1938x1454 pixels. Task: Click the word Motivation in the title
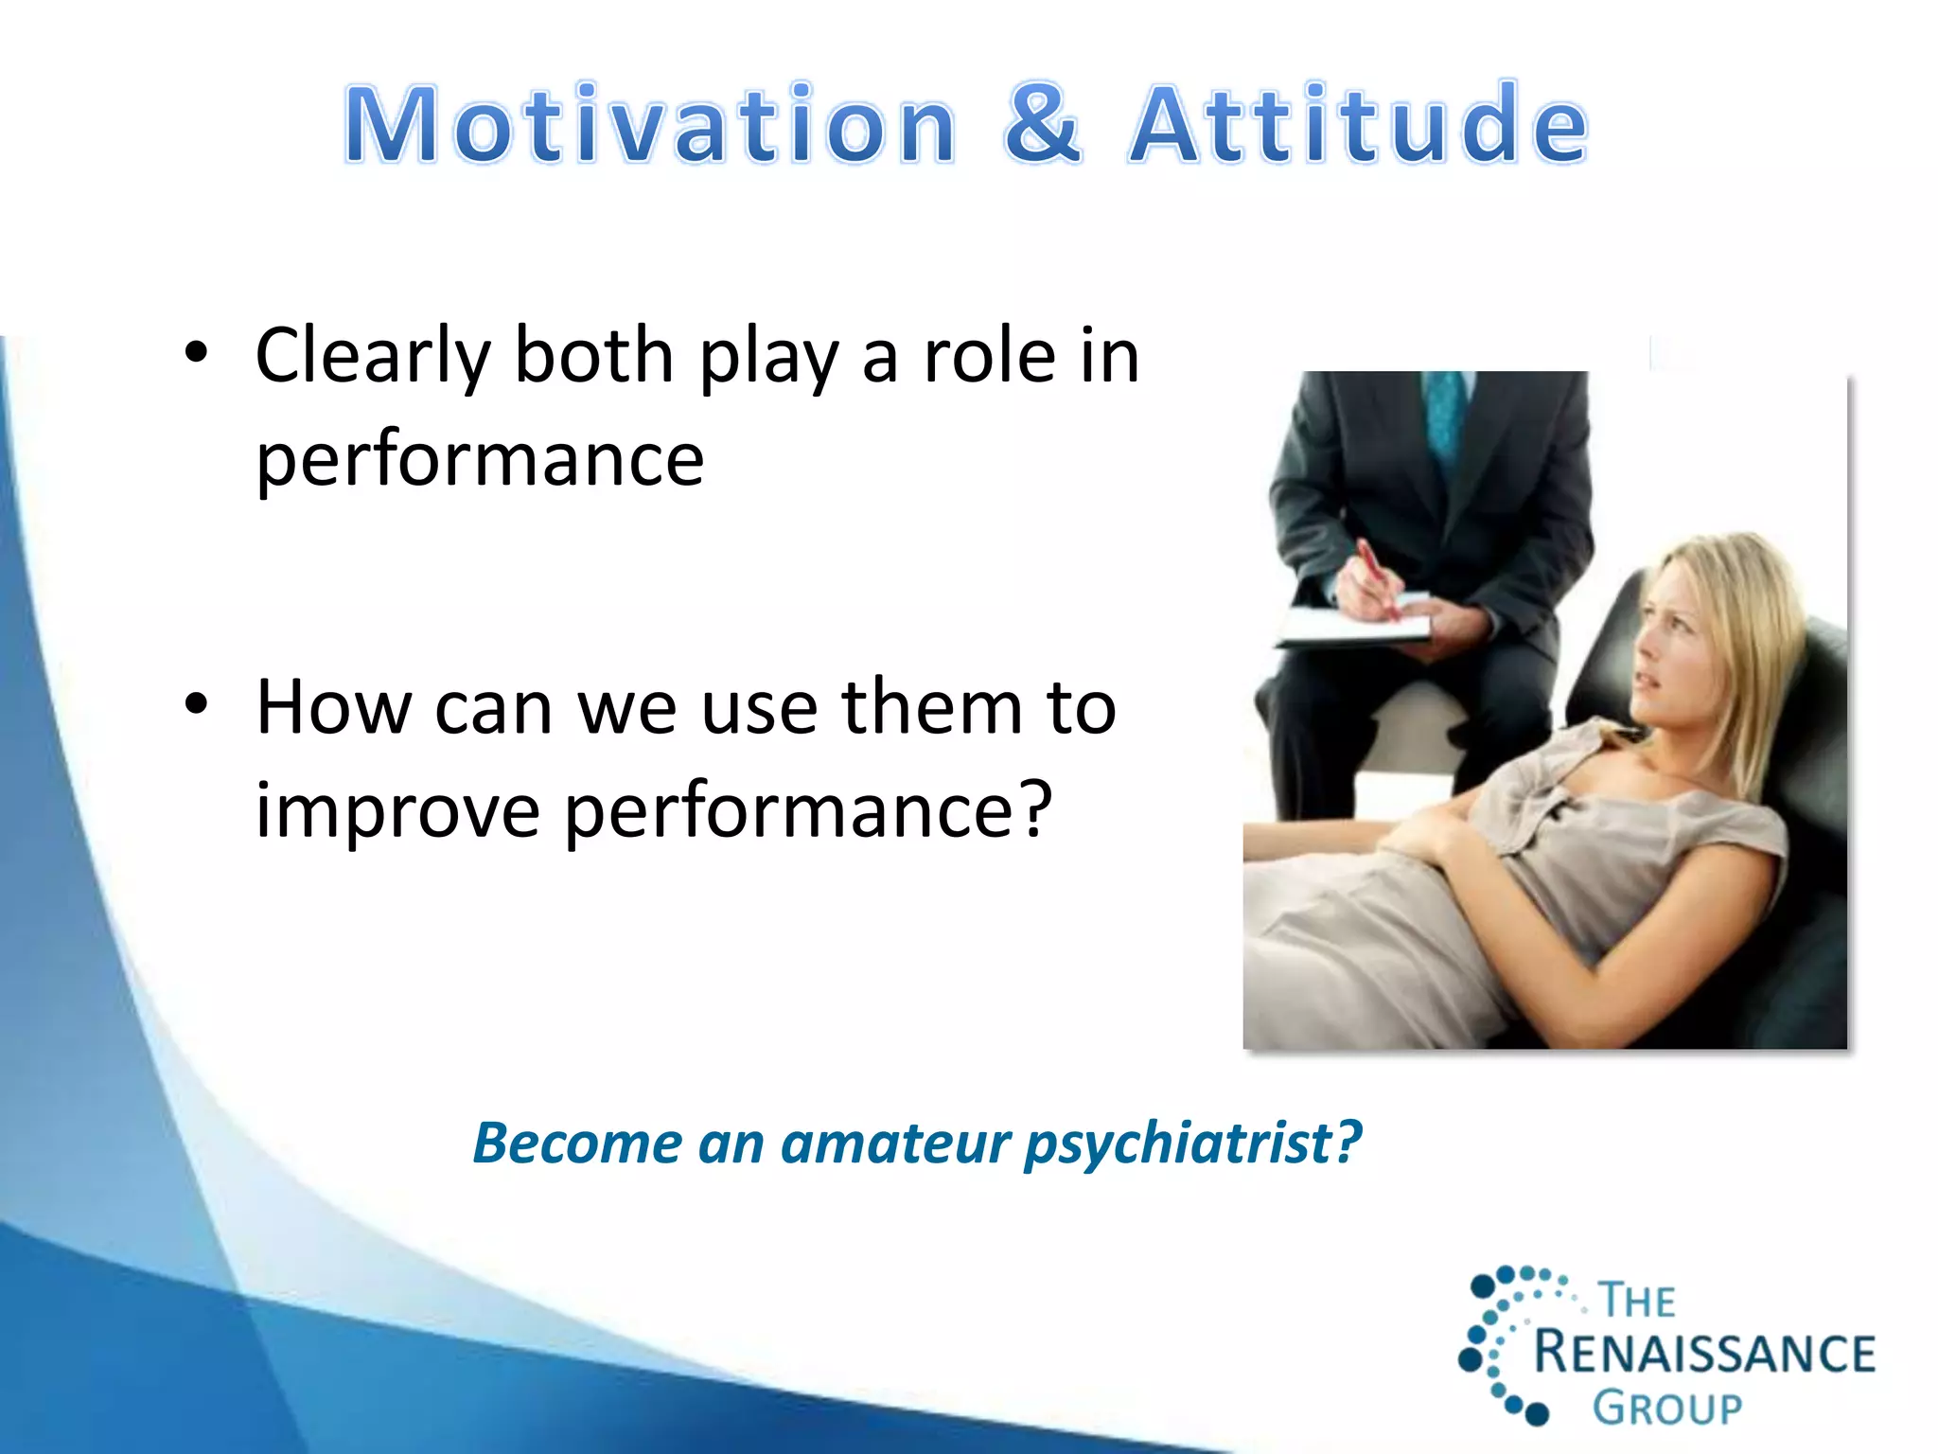pos(651,125)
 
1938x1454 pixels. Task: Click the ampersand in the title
pos(1043,125)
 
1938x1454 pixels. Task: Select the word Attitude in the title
pos(1359,125)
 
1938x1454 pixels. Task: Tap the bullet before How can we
pos(196,705)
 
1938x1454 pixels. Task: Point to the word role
pos(989,357)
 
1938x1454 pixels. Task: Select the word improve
pos(397,811)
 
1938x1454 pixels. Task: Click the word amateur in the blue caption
pos(895,1144)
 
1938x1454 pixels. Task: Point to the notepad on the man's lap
pos(1353,629)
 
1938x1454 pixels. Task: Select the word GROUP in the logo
pos(1667,1409)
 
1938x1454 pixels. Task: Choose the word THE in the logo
pos(1637,1301)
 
